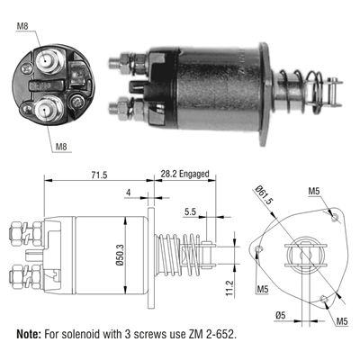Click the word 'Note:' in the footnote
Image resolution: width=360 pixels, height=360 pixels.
coord(33,335)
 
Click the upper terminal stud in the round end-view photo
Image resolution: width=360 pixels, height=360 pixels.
coord(45,61)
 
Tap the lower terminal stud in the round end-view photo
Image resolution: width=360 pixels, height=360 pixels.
coord(45,110)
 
